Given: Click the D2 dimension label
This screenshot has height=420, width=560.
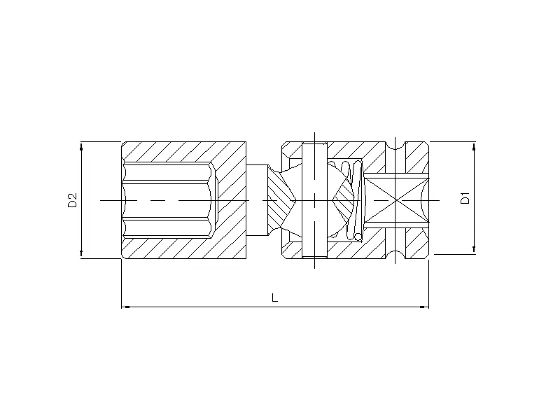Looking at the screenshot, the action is click(73, 200).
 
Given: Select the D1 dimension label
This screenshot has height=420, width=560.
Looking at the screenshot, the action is click(465, 198).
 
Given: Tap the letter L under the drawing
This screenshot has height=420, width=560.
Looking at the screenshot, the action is click(274, 297).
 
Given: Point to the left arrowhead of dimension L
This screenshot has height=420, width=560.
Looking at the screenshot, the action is click(126, 307).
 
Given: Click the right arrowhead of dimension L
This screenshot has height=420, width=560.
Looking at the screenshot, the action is click(424, 307).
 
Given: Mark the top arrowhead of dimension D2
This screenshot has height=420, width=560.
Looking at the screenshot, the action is click(81, 146).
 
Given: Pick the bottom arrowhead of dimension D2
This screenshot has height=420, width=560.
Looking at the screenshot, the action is click(81, 253).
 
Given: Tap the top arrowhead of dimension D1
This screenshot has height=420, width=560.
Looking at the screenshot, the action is click(474, 146).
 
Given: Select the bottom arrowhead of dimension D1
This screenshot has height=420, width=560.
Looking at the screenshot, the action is click(474, 249).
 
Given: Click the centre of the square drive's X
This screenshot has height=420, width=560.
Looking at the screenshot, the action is click(397, 200).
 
